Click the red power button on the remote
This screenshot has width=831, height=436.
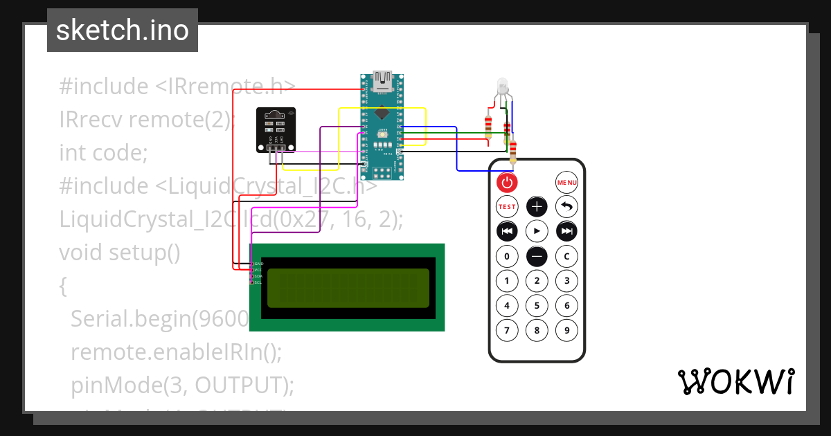click(x=507, y=183)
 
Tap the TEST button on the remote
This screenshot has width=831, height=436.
click(x=507, y=206)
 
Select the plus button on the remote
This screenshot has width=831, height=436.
click(x=537, y=206)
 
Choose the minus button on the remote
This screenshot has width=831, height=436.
click(x=537, y=257)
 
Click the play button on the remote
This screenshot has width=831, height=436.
click(x=537, y=230)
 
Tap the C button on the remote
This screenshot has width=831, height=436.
click(x=566, y=257)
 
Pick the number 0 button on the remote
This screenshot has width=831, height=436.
click(x=507, y=257)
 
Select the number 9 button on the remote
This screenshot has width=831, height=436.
click(x=566, y=330)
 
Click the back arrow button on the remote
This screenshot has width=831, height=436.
click(x=566, y=206)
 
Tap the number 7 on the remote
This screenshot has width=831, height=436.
click(x=507, y=330)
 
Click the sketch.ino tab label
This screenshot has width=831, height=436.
click(x=123, y=30)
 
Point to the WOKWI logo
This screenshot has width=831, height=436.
click(x=735, y=382)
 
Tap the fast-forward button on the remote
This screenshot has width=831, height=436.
click(x=566, y=230)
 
